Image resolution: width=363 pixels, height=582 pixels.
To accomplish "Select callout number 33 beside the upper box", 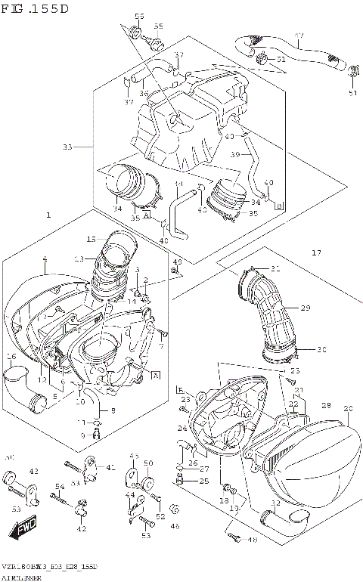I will click(x=67, y=147).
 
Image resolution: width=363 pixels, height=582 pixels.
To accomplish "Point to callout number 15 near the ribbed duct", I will click(x=91, y=240).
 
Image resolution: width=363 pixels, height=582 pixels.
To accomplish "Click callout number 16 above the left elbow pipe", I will click(x=11, y=356).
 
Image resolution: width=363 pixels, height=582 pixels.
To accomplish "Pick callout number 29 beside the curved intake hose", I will click(x=306, y=308).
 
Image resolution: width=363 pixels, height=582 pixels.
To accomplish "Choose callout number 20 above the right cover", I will click(x=348, y=409).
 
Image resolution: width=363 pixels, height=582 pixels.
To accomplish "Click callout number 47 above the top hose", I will click(x=299, y=36).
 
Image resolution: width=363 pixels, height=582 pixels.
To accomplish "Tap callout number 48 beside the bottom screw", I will click(x=253, y=539).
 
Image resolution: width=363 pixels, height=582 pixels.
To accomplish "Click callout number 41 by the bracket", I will click(x=111, y=467).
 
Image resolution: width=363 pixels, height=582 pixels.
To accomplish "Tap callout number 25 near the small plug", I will click(x=204, y=481).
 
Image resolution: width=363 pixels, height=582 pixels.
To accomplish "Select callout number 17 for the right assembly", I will click(x=315, y=252).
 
